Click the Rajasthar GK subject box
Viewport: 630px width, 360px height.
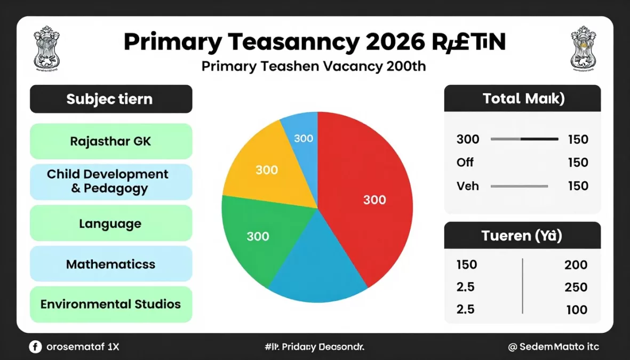coord(111,141)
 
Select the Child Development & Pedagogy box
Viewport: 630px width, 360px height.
coord(111,181)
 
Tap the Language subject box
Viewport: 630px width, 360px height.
coord(111,223)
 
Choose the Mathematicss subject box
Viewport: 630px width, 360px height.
coord(111,264)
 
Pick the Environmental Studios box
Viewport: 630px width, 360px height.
coord(111,305)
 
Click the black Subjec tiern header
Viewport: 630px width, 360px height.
coord(111,99)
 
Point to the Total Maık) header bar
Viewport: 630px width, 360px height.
coord(522,99)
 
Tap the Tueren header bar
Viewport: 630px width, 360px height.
coord(522,235)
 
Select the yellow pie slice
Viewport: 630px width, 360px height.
coord(267,168)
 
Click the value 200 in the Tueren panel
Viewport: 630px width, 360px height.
coord(576,265)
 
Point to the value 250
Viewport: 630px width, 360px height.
coord(576,287)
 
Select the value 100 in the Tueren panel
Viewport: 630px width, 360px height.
coord(577,310)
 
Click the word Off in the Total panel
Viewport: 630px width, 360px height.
coord(465,163)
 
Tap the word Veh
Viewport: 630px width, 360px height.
coord(468,186)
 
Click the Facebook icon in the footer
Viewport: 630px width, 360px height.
coord(35,347)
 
